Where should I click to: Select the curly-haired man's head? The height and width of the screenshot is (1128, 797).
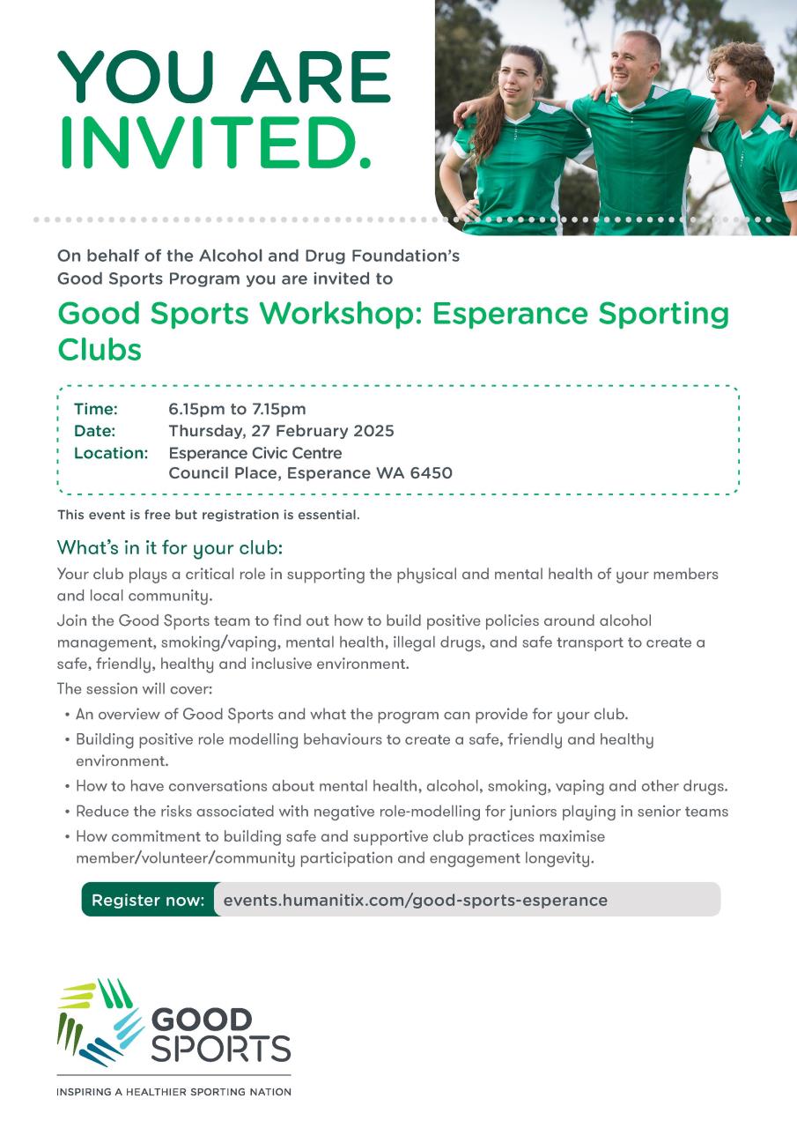(x=742, y=70)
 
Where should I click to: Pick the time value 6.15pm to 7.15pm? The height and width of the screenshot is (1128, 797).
(x=237, y=409)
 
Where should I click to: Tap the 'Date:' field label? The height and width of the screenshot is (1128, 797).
(x=95, y=431)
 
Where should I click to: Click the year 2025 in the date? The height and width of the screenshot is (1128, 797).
(x=372, y=431)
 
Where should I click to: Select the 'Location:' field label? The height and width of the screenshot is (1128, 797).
(x=110, y=453)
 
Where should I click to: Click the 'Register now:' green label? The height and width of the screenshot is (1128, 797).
(x=148, y=900)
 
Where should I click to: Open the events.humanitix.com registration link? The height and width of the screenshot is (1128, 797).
(x=415, y=900)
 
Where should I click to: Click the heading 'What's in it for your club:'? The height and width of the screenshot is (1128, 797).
(x=170, y=547)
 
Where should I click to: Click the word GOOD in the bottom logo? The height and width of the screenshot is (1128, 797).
(x=202, y=1020)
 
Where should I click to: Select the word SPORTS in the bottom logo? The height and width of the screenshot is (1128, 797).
(x=220, y=1050)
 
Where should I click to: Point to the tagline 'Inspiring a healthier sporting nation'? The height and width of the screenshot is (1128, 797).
(x=173, y=1092)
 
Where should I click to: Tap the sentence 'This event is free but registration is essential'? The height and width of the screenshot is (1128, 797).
(x=208, y=515)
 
